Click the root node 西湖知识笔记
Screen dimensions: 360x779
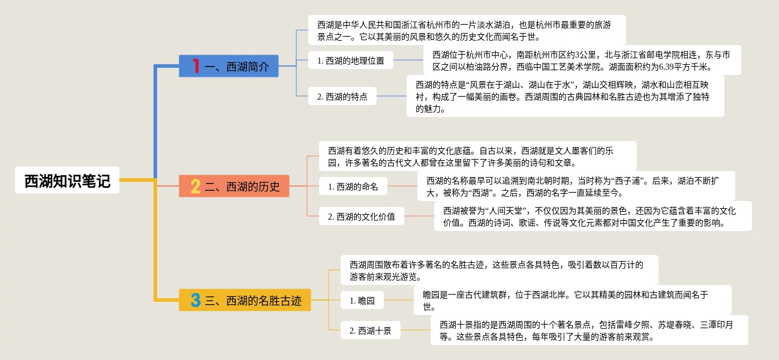pos(67,181)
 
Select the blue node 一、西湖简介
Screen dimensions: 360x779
pos(228,66)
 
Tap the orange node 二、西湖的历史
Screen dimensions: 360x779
pos(234,187)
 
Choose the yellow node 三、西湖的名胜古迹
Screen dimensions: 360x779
pos(245,300)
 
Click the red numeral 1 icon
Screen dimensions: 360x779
pos(195,66)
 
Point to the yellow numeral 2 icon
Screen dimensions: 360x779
pos(195,187)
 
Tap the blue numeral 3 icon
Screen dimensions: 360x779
pos(195,300)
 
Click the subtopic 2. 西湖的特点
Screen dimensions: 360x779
pos(342,96)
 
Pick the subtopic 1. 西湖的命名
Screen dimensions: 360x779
pos(353,187)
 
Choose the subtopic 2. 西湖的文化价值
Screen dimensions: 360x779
pos(361,217)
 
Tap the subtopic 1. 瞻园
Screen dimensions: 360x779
pos(362,301)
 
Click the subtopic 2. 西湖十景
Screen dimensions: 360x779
pos(370,331)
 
